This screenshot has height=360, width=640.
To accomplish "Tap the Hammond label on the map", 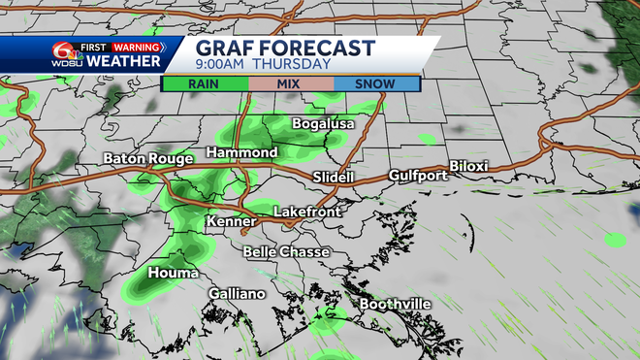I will (241, 153).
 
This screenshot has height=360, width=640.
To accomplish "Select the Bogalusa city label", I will (324, 124).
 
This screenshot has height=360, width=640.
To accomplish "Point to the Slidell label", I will (334, 178).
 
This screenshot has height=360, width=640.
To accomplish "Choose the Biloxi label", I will (468, 166).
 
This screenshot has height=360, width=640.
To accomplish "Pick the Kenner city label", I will (231, 222).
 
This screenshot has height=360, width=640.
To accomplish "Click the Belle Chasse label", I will (286, 252).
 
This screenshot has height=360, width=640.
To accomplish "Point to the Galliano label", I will (237, 294).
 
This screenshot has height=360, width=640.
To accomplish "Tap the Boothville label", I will (396, 305).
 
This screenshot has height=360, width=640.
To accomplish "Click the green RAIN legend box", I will (205, 83).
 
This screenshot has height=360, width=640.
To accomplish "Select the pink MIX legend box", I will (291, 83).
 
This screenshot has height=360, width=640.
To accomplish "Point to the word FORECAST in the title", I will (313, 48).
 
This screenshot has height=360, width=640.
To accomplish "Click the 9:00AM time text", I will (224, 65).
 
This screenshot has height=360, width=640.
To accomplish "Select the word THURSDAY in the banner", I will (299, 65).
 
